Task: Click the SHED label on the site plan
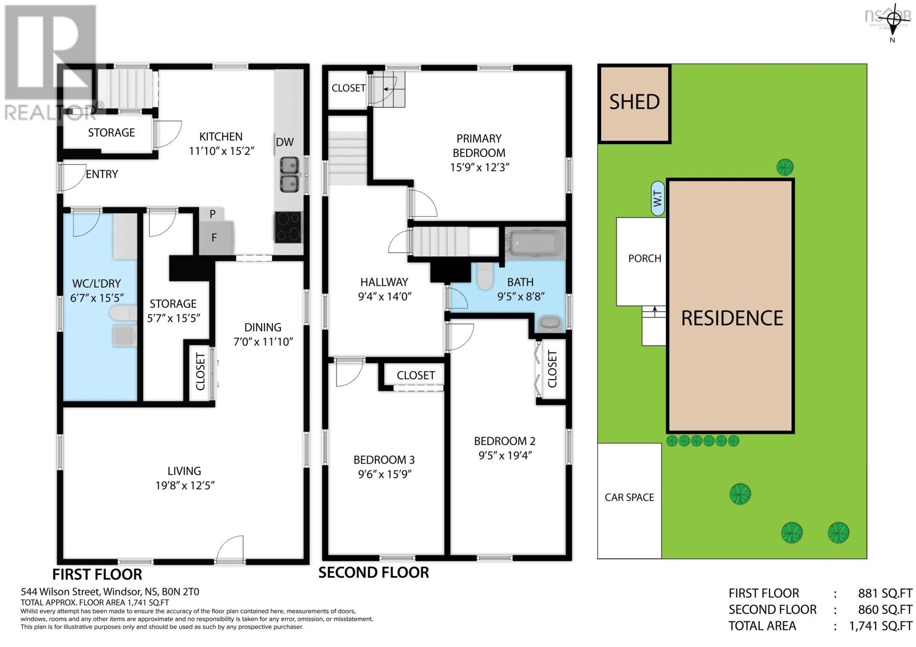[x=634, y=102]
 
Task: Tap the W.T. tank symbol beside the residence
[x=658, y=199]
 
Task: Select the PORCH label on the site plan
[x=645, y=259]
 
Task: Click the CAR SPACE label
[x=629, y=498]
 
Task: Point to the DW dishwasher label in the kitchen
[x=285, y=142]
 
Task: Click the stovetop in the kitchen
[x=288, y=227]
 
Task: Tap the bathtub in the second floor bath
[x=534, y=243]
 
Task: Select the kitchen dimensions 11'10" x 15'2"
[x=221, y=151]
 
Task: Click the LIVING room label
[x=184, y=471]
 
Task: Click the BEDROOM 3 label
[x=384, y=459]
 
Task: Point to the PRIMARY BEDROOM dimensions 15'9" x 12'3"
[x=480, y=167]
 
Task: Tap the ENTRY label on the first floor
[x=102, y=174]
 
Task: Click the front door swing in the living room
[x=230, y=547]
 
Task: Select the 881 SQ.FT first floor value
[x=885, y=593]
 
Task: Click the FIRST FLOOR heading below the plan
[x=97, y=574]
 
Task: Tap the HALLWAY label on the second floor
[x=384, y=282]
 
